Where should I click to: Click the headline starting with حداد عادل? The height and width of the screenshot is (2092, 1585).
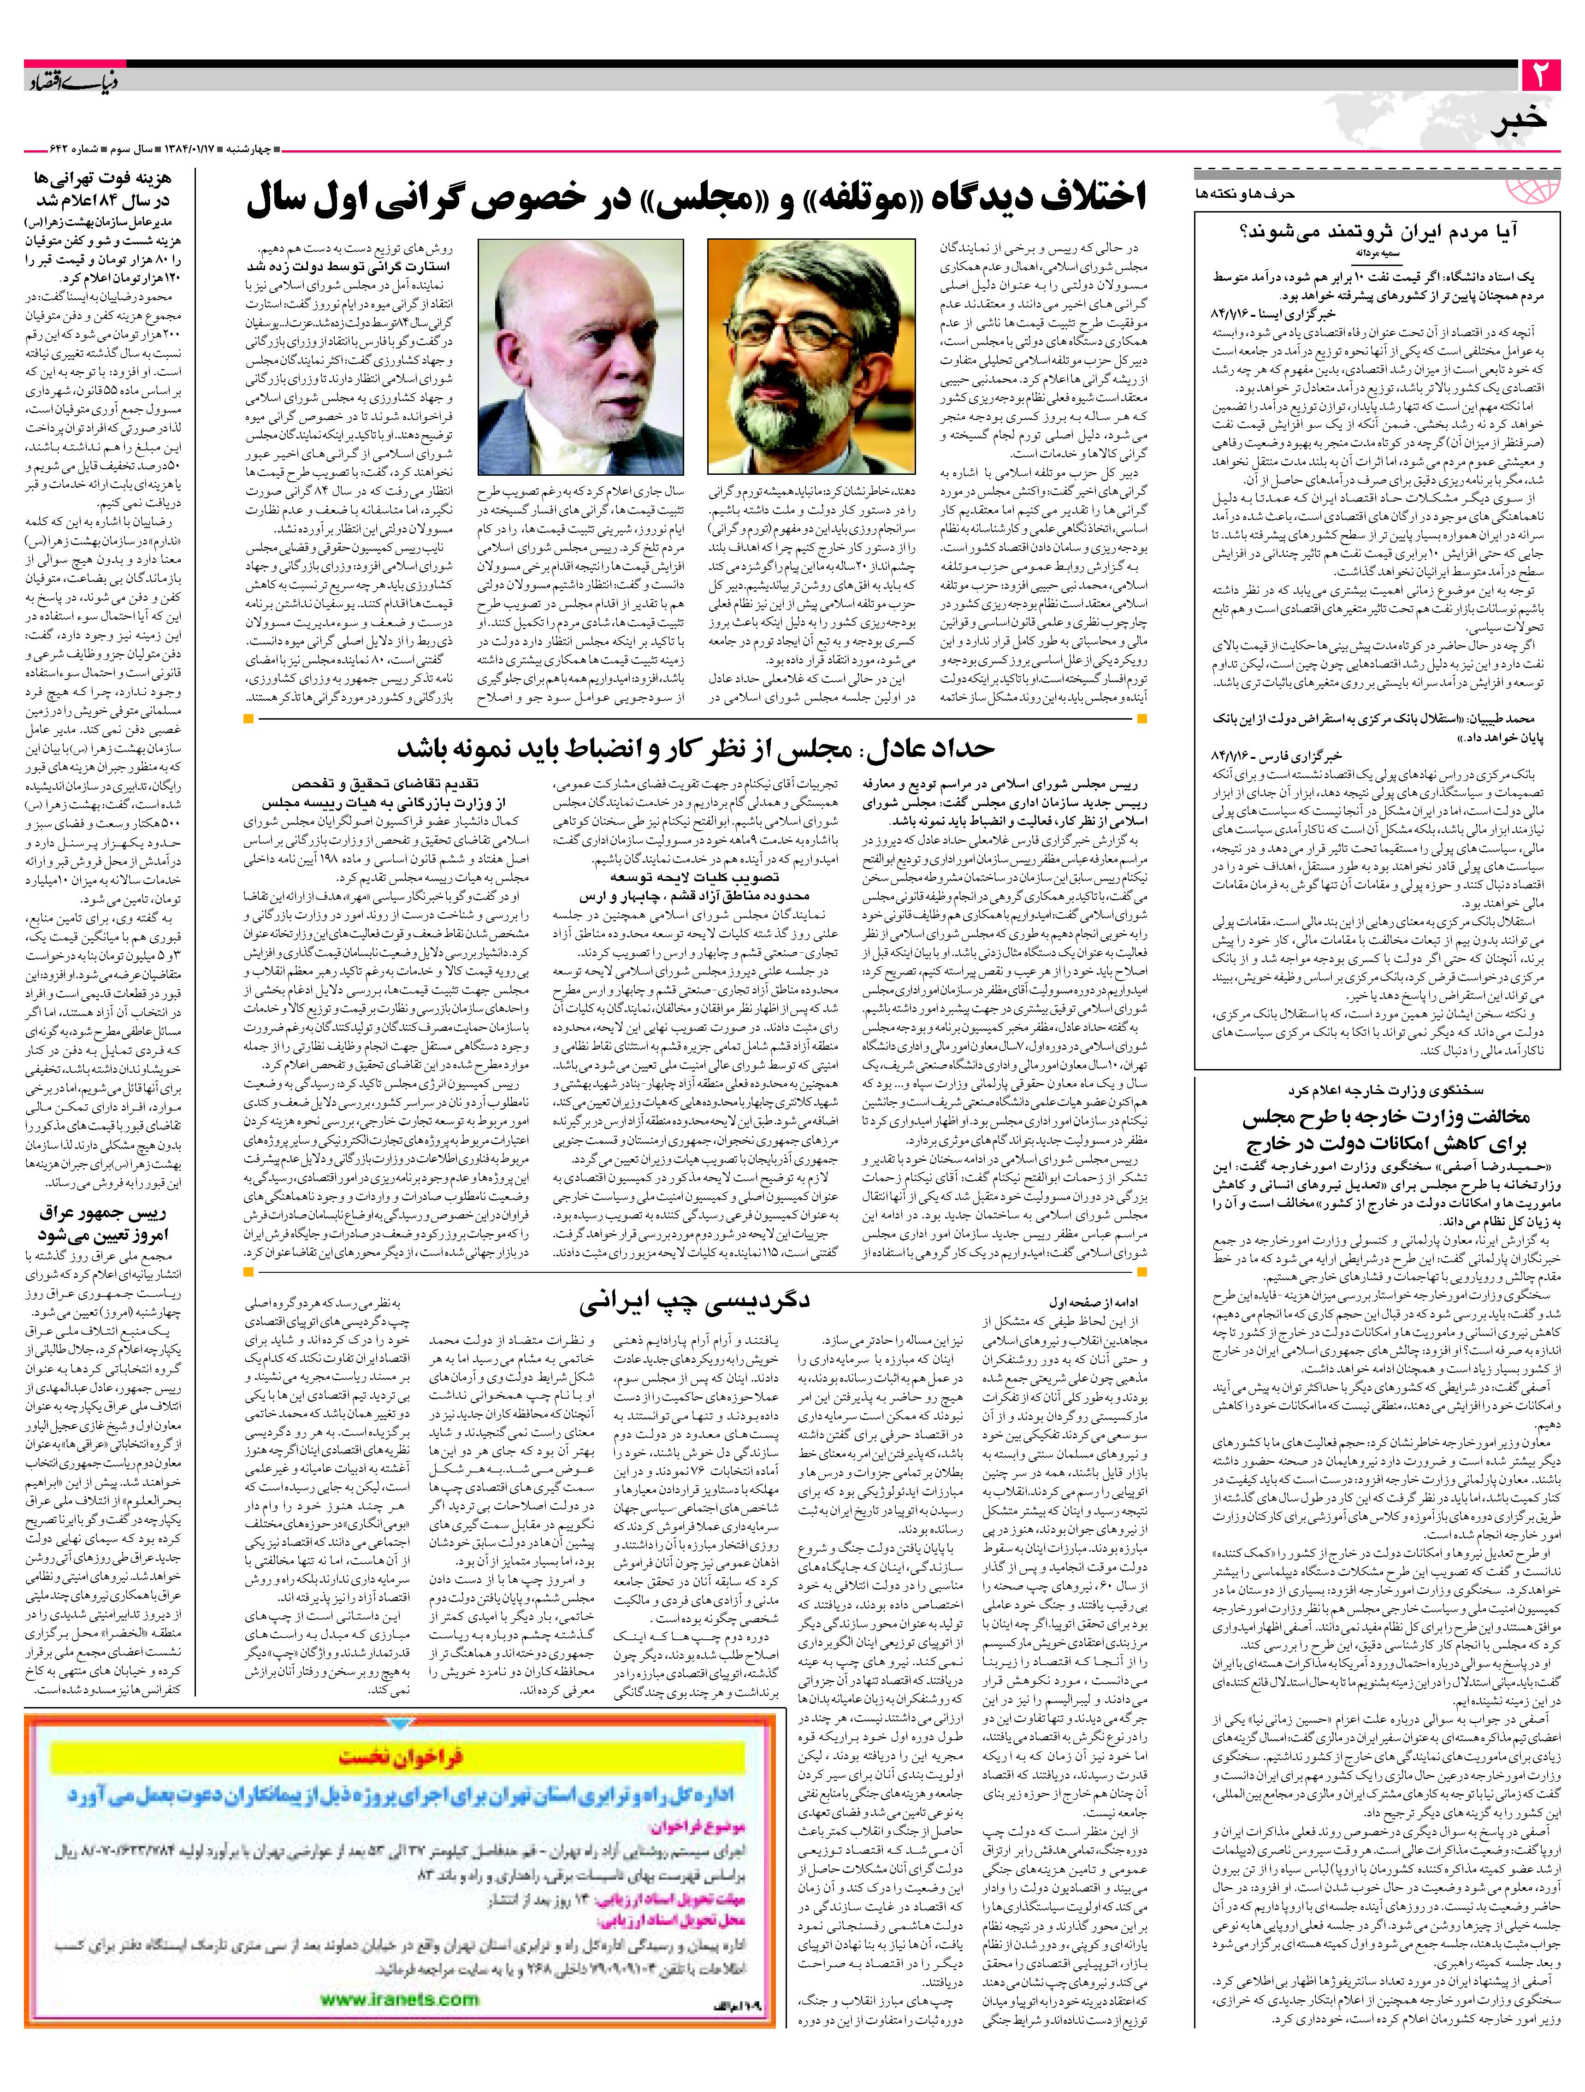click(695, 749)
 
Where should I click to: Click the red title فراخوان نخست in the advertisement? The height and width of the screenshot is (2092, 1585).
click(402, 1757)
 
